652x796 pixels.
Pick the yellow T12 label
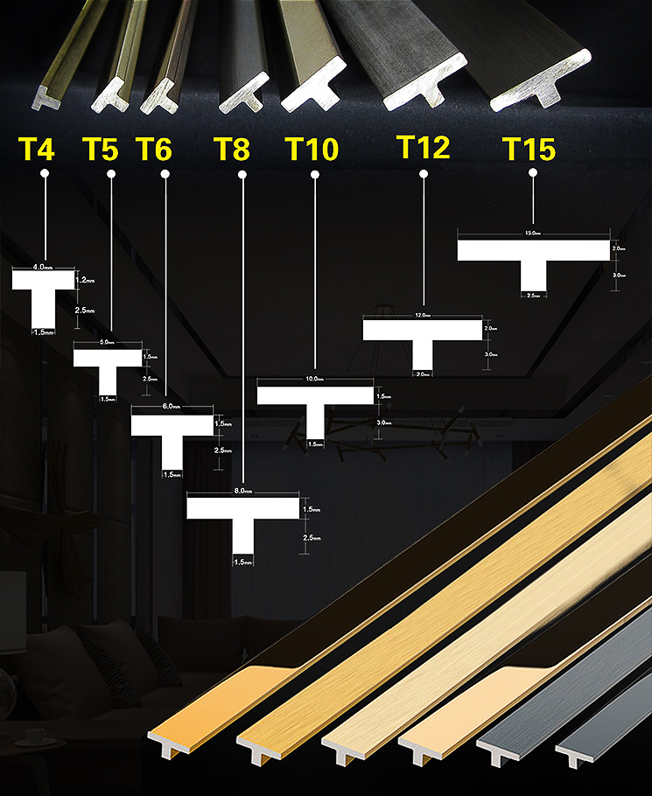(423, 146)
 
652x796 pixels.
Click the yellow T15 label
(529, 149)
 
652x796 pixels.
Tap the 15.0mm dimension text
(533, 234)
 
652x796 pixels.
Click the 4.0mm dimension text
(43, 265)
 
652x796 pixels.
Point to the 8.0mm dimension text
(242, 493)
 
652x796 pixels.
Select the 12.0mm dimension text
(423, 315)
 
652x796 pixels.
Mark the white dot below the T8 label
(242, 174)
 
